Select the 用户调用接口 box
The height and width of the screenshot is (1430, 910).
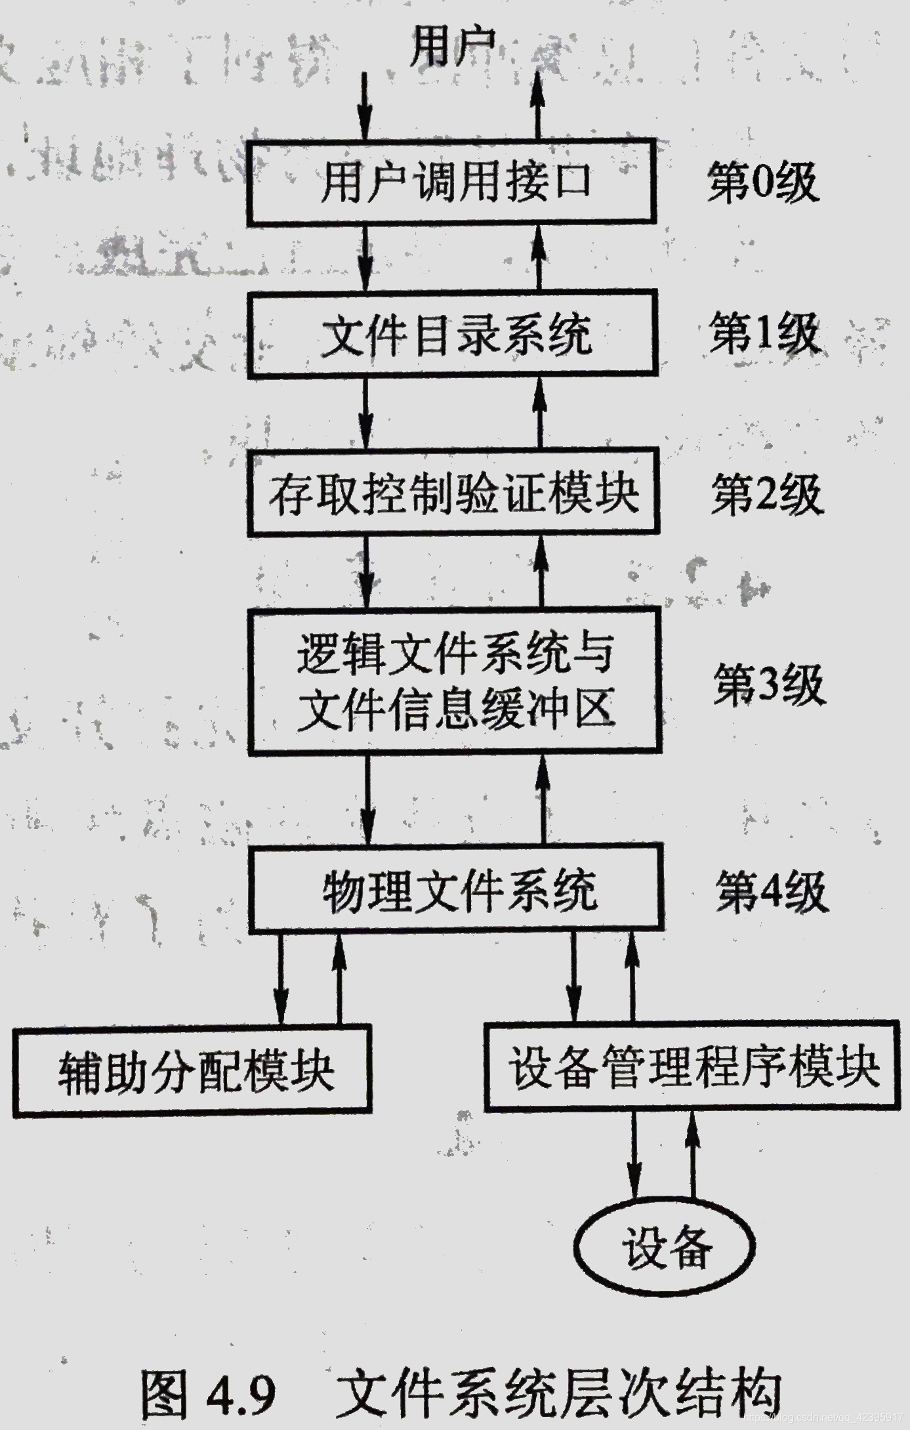point(452,182)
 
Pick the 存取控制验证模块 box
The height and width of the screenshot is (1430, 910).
point(454,492)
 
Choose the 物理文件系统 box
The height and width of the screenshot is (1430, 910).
point(456,889)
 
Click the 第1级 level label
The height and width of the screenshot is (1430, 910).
point(765,333)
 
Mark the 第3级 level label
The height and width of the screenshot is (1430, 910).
point(769,684)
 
